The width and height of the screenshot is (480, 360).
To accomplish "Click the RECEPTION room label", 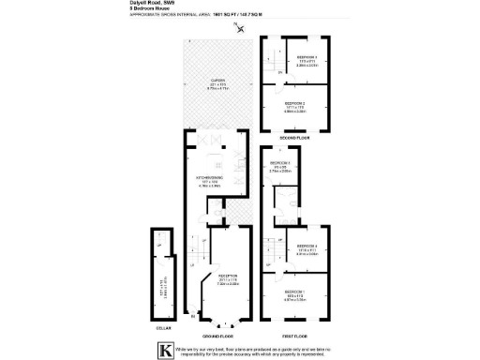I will click(x=217, y=275).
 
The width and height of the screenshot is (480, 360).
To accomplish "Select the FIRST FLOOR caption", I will click(x=294, y=335).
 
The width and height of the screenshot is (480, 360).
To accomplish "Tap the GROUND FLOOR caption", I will click(x=217, y=335).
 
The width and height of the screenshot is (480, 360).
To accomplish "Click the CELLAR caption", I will click(x=164, y=328).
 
